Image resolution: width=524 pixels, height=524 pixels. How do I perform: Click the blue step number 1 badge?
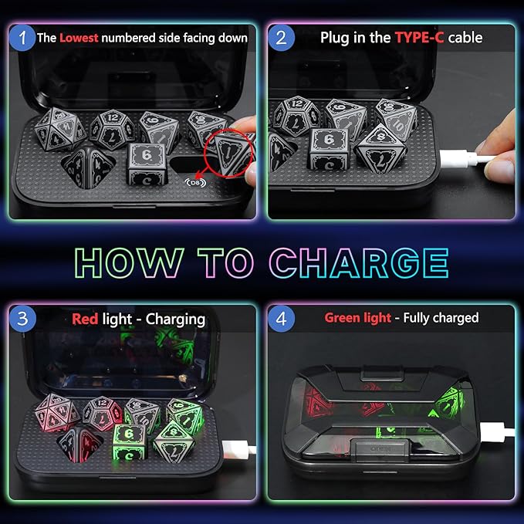24,36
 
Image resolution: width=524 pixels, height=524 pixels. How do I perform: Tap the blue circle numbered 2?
282,36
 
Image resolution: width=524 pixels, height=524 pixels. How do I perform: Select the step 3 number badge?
24,318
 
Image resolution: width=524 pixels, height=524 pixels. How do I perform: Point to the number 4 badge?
282,318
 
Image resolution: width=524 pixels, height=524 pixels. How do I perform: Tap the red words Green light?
357,318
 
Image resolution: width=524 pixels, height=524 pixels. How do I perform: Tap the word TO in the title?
230,262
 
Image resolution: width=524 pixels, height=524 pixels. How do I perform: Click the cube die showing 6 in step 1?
148,164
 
